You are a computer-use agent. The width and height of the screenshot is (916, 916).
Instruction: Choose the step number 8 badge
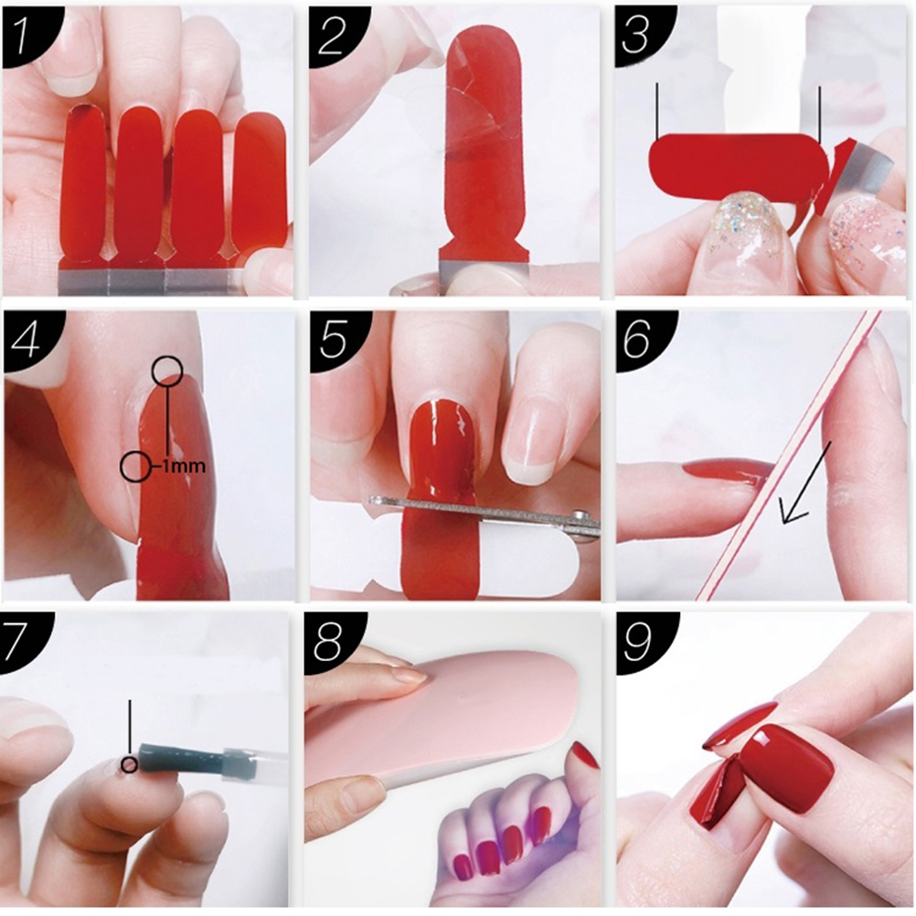pos(331,641)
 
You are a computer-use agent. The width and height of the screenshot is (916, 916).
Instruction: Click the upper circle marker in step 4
pos(167,370)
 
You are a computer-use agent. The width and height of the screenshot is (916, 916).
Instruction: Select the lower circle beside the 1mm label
pos(135,466)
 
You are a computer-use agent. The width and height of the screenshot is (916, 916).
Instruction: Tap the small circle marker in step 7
pos(129,764)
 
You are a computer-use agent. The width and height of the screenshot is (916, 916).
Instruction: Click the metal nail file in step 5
pos(485,511)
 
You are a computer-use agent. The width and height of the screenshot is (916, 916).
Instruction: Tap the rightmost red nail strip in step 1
pos(261,186)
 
